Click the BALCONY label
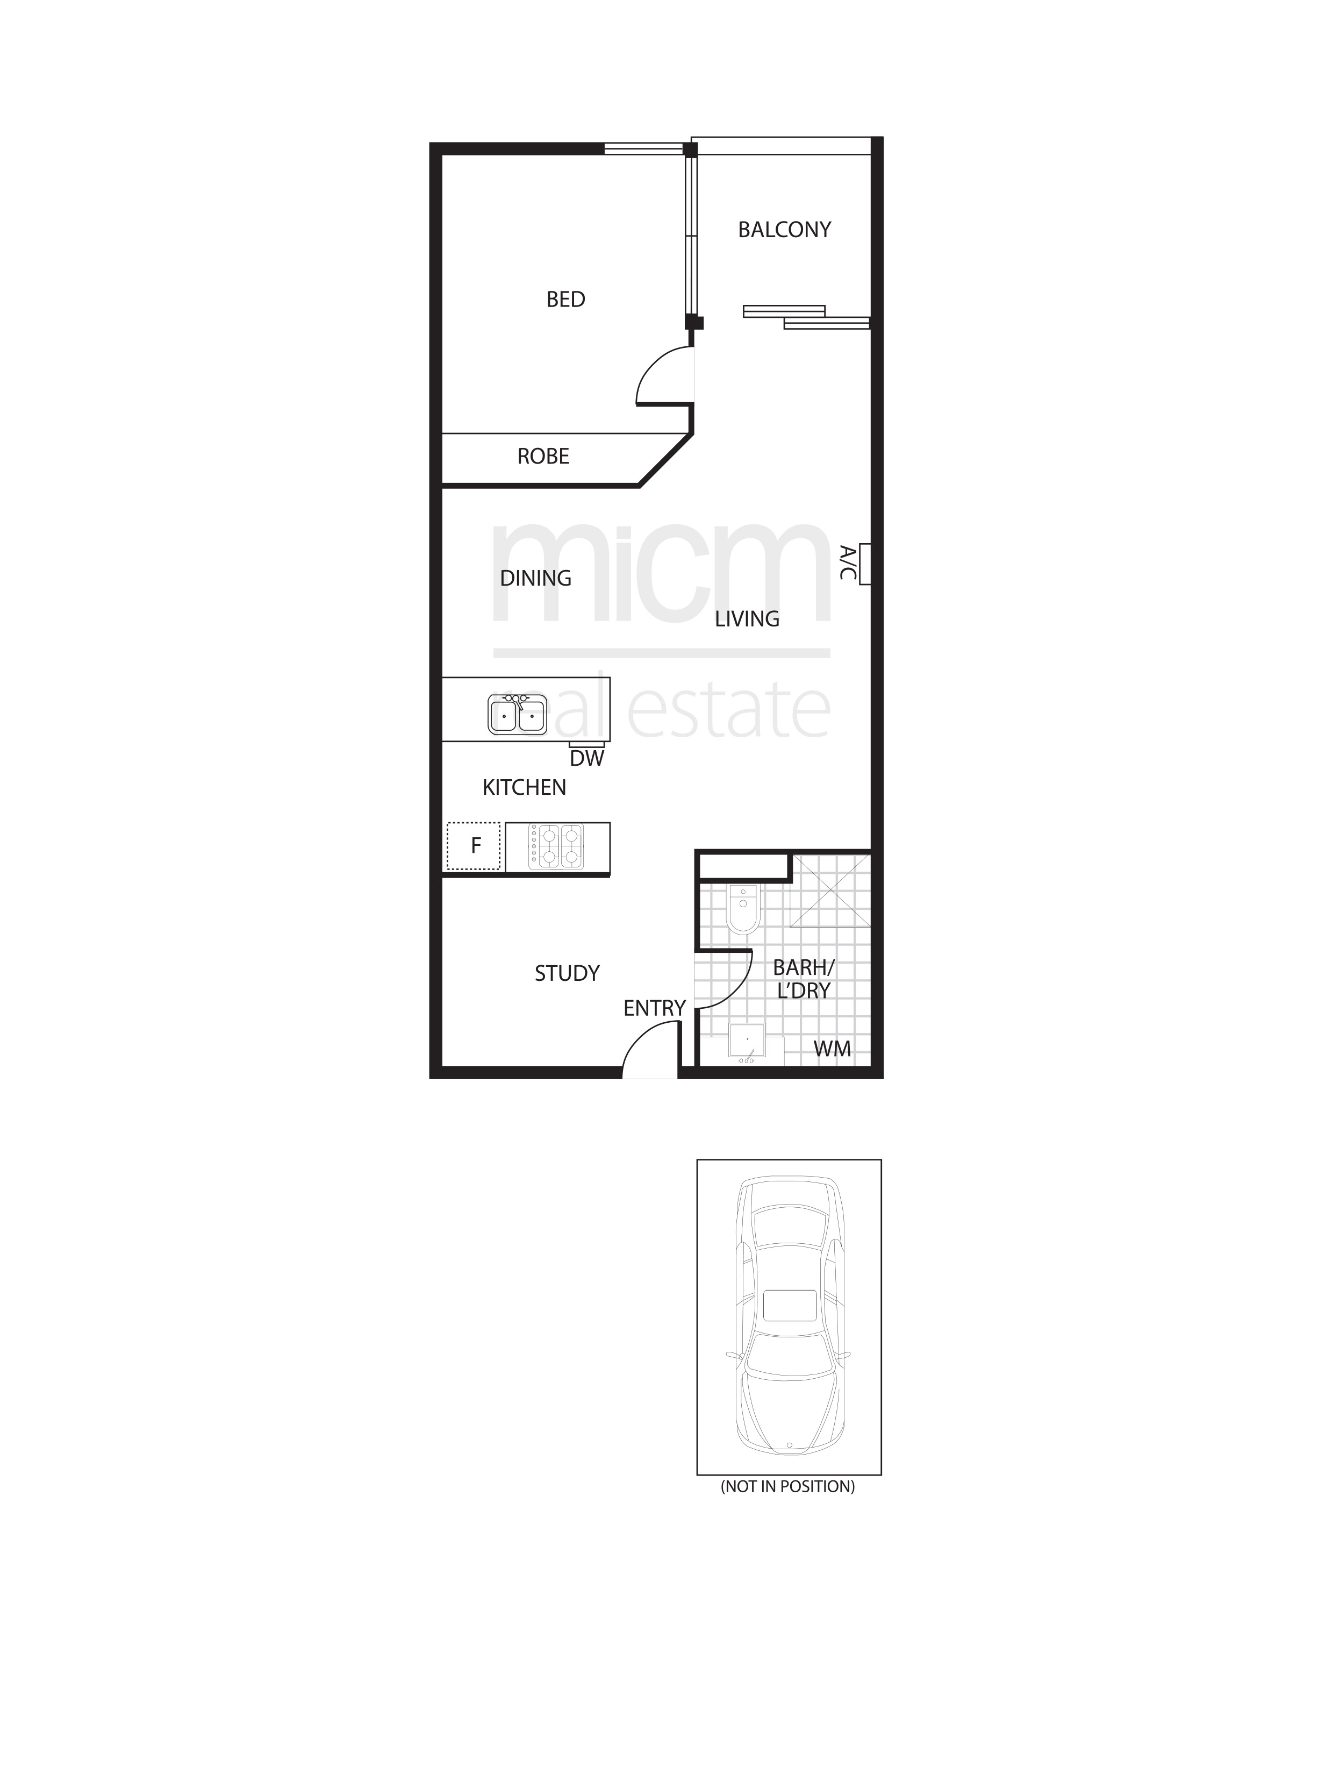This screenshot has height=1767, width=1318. [784, 230]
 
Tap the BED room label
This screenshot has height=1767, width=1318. [565, 300]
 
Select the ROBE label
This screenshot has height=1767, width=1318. [543, 457]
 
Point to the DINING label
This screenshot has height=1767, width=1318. [535, 578]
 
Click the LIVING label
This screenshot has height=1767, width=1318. [747, 618]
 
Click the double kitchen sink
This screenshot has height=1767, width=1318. [518, 714]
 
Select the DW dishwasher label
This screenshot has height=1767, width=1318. [587, 759]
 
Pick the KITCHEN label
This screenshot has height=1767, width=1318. [524, 788]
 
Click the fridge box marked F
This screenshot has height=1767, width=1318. [474, 846]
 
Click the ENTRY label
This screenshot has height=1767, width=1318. [654, 1008]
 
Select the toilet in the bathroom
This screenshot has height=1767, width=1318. [743, 910]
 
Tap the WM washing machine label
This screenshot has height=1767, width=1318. [832, 1049]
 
